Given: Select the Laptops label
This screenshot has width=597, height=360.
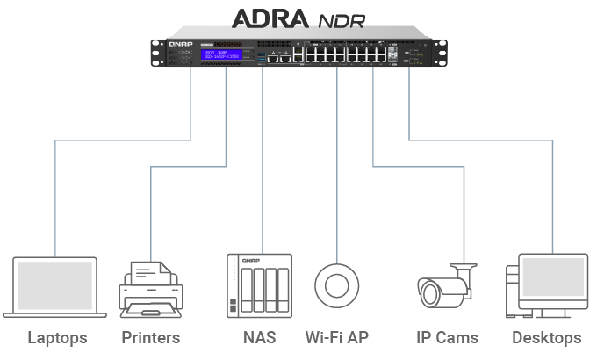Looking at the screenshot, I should (57, 338).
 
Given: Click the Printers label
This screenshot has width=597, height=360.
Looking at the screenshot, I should (150, 338).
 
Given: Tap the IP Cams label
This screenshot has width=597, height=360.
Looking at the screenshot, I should (447, 338).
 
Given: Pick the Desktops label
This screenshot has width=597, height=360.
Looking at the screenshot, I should (546, 338).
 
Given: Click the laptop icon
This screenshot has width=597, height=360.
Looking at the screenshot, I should (54, 286).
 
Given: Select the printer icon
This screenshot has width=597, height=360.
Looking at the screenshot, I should (150, 290).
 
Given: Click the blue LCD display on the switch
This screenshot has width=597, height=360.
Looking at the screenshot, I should (221, 54).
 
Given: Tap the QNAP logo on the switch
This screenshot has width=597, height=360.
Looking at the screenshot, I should (180, 43).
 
